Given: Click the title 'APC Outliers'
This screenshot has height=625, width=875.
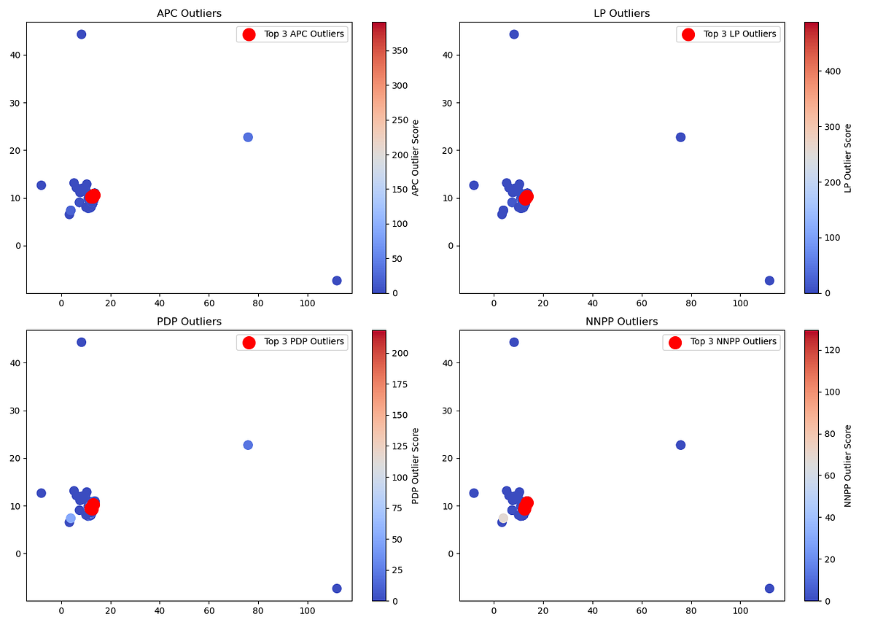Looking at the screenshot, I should [190, 13].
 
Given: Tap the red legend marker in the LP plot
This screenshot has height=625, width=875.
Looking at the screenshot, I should [688, 34].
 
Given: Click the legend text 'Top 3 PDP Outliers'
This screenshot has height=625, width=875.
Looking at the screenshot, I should [303, 342].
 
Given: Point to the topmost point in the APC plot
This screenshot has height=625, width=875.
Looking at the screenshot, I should [82, 34].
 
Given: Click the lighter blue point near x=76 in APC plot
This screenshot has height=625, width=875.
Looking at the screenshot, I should [248, 137].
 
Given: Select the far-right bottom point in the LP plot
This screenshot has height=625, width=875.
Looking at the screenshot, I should [769, 281].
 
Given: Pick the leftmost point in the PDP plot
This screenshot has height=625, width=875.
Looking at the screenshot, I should [42, 493].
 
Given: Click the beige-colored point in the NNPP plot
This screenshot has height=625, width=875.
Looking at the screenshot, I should [503, 518].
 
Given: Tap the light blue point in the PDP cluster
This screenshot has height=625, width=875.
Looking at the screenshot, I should [71, 519].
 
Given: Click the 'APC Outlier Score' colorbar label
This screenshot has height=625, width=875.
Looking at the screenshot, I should [415, 157].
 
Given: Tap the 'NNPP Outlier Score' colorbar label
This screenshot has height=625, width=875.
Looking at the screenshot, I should [847, 465].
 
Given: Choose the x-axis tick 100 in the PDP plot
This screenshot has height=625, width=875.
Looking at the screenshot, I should [307, 611].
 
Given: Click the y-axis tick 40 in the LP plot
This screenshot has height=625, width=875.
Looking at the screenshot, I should [451, 55].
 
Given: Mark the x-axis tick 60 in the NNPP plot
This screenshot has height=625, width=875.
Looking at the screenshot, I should [641, 611].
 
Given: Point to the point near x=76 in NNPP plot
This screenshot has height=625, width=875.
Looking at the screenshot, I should [680, 445].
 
